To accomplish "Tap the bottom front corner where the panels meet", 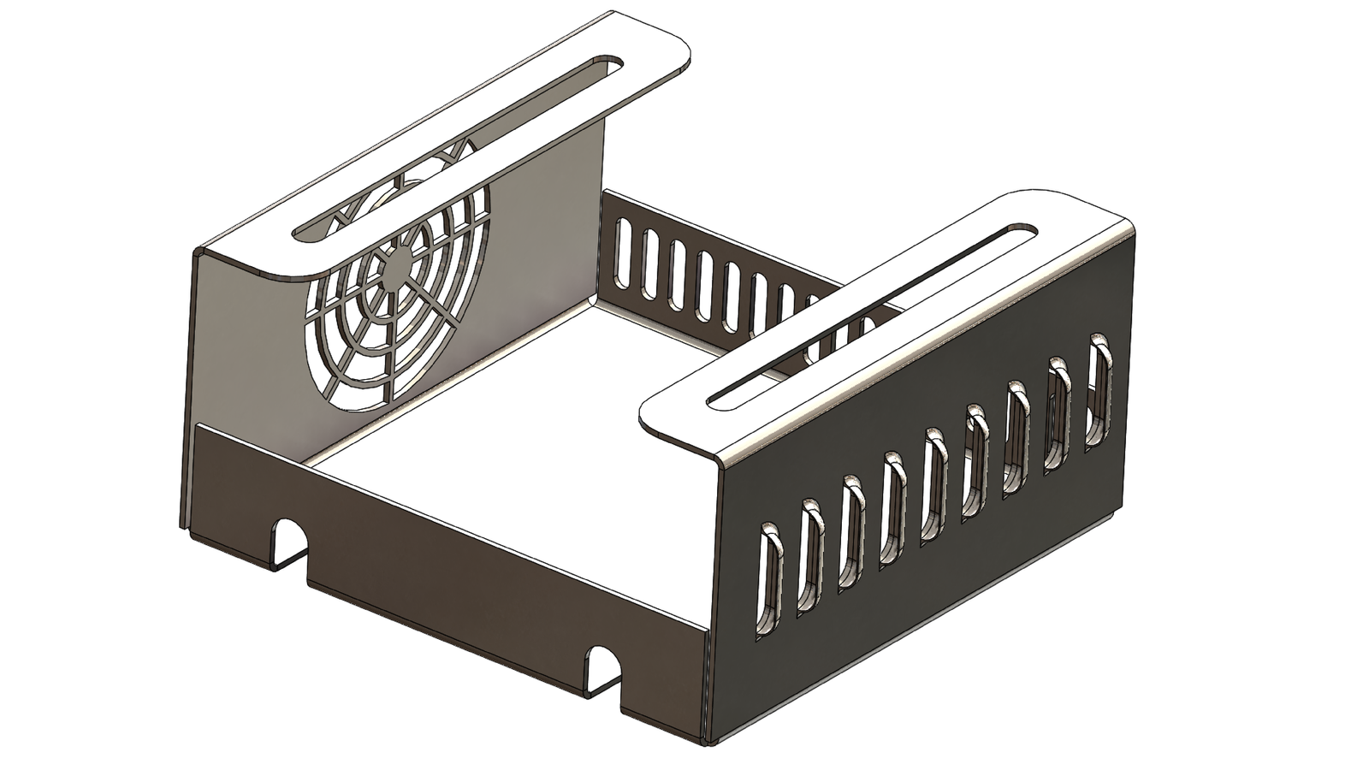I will [707, 736].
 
